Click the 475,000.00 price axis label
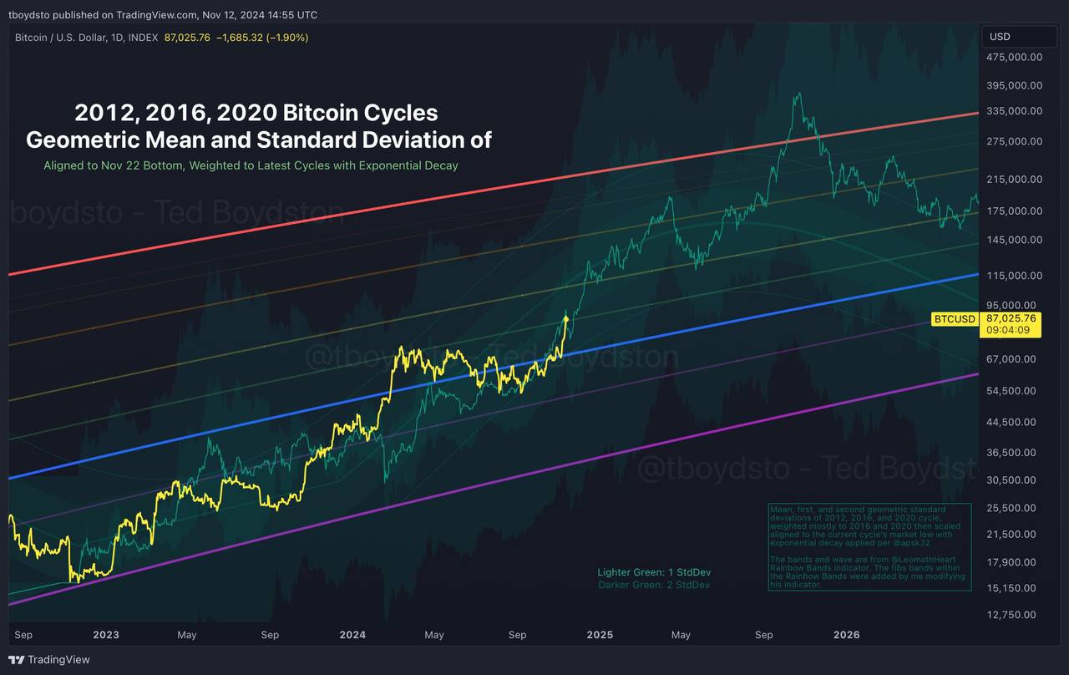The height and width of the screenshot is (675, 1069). coord(1014,57)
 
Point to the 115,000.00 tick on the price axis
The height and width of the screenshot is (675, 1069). coord(1014,276)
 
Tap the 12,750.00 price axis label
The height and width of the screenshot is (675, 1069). coord(1014,615)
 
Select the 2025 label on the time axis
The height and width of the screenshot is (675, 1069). coord(600,635)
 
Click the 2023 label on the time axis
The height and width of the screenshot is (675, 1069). coord(106,635)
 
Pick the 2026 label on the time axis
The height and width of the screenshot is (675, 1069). coord(847,635)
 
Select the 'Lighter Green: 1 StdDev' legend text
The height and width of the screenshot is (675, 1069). coord(654,572)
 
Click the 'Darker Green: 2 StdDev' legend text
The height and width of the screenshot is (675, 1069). coord(654,585)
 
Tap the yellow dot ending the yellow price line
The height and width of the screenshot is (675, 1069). coord(566,318)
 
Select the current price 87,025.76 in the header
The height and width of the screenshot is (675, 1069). coord(187,38)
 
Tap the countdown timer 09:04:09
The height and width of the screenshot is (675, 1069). coord(1008,330)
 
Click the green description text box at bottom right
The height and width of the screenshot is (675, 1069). coord(869,547)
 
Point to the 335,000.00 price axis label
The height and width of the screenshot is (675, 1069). coord(1014,111)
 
